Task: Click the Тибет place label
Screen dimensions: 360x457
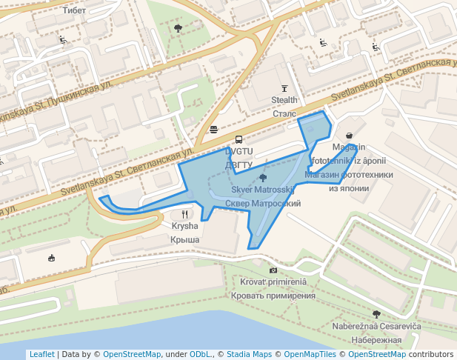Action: click(75, 10)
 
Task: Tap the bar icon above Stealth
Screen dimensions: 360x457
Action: click(284, 88)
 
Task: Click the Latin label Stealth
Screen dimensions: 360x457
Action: click(284, 100)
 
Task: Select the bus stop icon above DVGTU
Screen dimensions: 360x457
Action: click(238, 139)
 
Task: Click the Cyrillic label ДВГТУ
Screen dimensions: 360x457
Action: click(238, 164)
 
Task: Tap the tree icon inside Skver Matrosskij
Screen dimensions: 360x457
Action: click(263, 179)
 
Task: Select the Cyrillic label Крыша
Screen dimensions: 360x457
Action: click(184, 239)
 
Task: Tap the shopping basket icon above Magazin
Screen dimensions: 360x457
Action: click(349, 136)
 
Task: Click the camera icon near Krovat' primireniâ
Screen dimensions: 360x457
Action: click(273, 270)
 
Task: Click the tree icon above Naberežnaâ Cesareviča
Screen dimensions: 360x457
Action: click(376, 314)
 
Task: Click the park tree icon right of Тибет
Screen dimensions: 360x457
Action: click(178, 28)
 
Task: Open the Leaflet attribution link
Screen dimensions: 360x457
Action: click(41, 355)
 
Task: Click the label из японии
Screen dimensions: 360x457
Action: click(349, 188)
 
